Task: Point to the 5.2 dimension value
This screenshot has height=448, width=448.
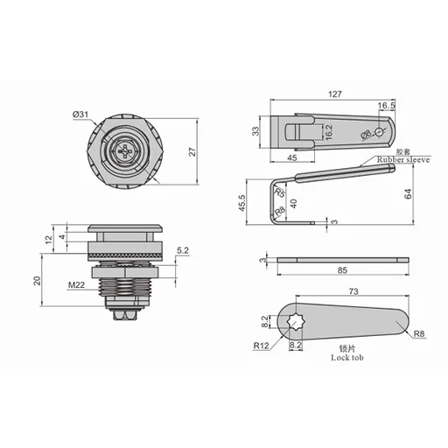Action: point(182,251)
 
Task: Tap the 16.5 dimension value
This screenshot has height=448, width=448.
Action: point(387,106)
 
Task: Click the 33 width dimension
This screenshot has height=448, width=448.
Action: point(255,132)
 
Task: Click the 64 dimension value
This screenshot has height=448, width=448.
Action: point(409,194)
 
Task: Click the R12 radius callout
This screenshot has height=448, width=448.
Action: point(260,346)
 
